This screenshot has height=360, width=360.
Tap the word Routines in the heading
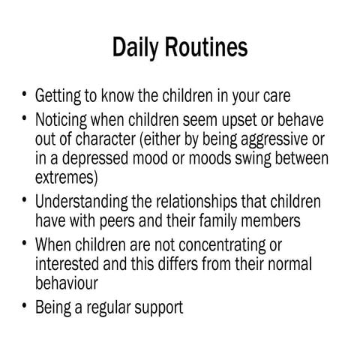pyautogui.click(x=209, y=47)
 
